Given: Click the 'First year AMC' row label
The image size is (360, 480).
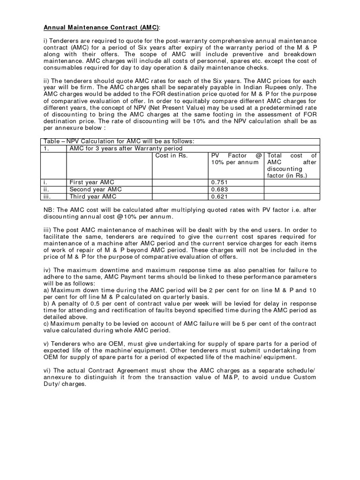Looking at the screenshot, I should (x=91, y=182).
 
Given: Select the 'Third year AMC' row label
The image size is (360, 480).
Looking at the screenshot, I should (x=92, y=197).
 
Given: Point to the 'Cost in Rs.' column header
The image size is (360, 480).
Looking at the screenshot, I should (x=171, y=156).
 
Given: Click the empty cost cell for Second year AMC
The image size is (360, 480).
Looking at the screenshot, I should (x=180, y=189).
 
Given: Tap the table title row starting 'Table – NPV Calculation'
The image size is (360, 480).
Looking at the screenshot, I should (x=118, y=141).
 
